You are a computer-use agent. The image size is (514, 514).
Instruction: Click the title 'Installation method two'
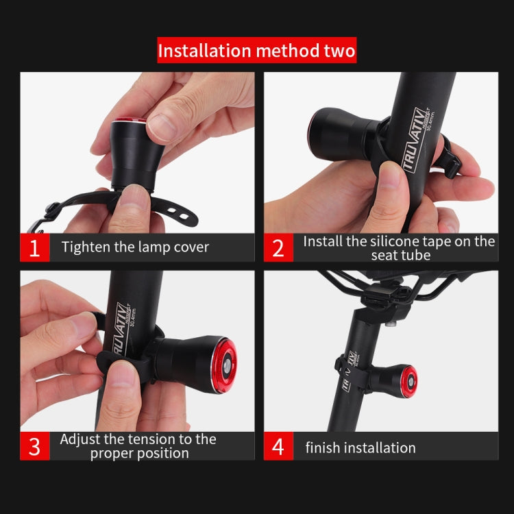[257, 51]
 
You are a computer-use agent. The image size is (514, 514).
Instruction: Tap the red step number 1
[34, 247]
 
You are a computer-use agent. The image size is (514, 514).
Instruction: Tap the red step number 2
[278, 247]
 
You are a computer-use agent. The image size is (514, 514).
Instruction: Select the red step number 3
[34, 445]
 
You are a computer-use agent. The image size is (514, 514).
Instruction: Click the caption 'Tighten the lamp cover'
[135, 247]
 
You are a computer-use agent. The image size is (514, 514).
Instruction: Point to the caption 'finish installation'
[360, 448]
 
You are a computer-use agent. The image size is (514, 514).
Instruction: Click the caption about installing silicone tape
[398, 248]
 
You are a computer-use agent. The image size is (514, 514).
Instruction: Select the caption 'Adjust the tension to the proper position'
[138, 445]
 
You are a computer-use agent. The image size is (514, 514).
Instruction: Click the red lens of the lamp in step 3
[223, 364]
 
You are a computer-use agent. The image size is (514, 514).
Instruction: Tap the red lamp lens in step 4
[409, 380]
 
